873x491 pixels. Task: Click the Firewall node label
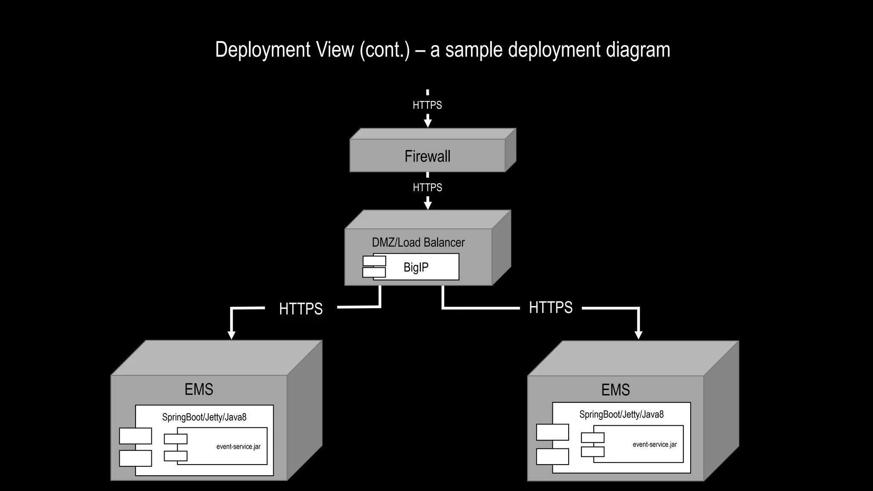coord(427,156)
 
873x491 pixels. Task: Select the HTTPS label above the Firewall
coord(427,105)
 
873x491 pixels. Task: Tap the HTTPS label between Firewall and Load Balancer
coord(427,188)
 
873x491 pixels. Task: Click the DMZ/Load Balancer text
coord(418,243)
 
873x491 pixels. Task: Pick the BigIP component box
coord(416,267)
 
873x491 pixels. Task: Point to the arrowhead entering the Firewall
coord(428,123)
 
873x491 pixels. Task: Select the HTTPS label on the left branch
coord(301,309)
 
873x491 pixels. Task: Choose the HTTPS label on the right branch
coord(550,307)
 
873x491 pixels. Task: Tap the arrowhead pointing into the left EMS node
coord(231,335)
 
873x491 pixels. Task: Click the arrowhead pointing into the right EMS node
coord(638,335)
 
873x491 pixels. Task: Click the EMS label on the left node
coord(199,389)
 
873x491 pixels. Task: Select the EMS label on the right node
coord(615,390)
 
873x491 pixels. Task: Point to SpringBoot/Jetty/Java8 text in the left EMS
coord(204,417)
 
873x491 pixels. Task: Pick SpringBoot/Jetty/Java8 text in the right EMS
coord(621,415)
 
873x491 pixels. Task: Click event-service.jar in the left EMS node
coord(238,447)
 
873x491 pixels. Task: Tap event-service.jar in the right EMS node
coord(654,445)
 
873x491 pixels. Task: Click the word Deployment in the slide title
coord(263,50)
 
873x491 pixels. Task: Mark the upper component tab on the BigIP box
coord(374,261)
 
